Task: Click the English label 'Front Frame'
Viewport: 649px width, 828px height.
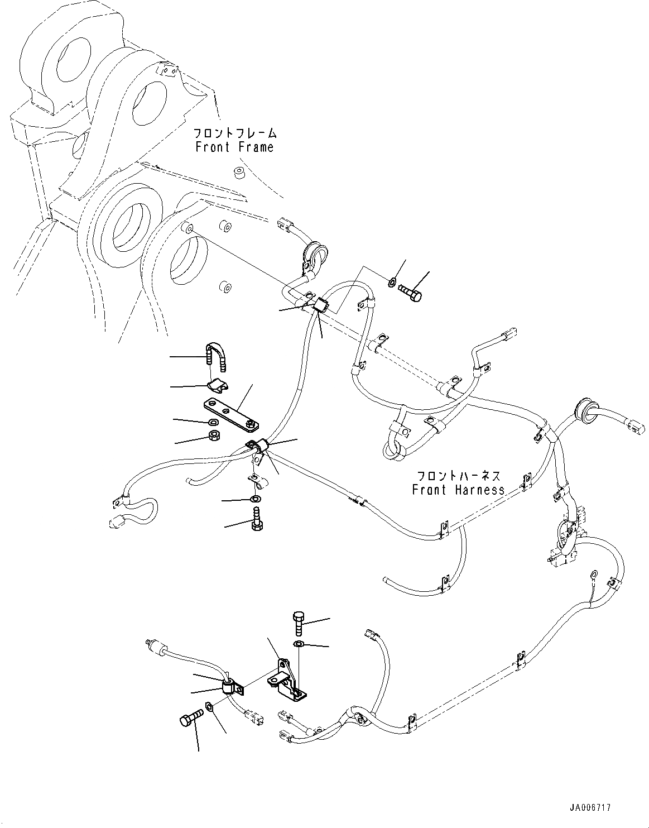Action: coord(234,147)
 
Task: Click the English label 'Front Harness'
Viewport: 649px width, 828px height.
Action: coord(458,490)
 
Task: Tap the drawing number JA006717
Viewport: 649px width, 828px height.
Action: coord(590,807)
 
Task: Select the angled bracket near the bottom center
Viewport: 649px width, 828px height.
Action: coord(287,682)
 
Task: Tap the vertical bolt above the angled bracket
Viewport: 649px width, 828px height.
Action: coord(297,624)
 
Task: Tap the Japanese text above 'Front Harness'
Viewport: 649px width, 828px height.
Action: coord(458,476)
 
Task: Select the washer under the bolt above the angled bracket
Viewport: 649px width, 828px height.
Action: coord(299,645)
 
